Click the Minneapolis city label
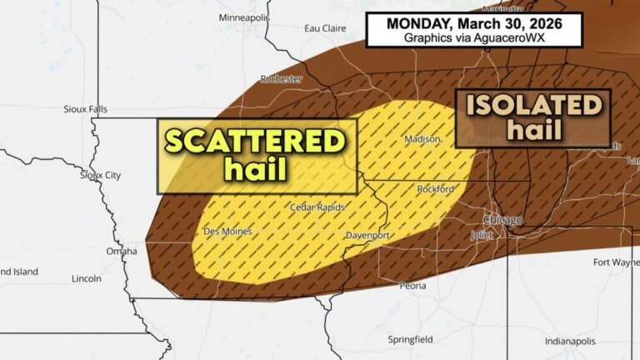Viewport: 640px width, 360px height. pos(244,17)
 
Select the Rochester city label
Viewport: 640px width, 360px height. pos(282,79)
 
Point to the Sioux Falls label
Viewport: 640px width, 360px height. pos(87,109)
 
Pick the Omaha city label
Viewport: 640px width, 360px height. pos(122,251)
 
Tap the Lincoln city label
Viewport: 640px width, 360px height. pos(87,278)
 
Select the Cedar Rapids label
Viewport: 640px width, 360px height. pos(317,207)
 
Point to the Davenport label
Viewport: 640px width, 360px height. pos(367,236)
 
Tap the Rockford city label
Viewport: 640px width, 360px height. pos(435,189)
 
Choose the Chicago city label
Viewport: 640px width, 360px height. pos(502,220)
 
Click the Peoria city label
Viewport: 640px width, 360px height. pos(412,286)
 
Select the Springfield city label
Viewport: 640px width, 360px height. pos(410,339)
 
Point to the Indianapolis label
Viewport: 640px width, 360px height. pos(570,342)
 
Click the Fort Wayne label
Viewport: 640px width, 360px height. pos(616,262)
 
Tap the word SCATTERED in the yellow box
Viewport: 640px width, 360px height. pos(255,141)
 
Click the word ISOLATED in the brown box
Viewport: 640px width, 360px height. pos(533,105)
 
